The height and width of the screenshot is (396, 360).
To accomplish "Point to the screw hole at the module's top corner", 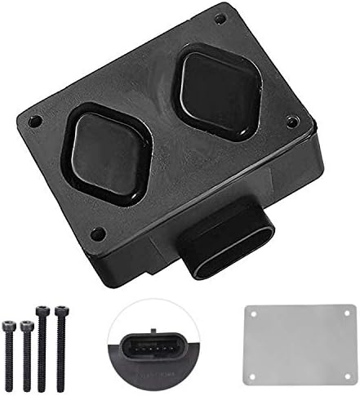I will point(219,18).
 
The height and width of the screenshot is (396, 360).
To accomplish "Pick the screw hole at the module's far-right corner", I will point(292,122).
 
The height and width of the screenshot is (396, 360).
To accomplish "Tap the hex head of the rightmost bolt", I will point(58,311).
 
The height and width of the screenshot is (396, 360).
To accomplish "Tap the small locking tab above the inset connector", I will point(152,321).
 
